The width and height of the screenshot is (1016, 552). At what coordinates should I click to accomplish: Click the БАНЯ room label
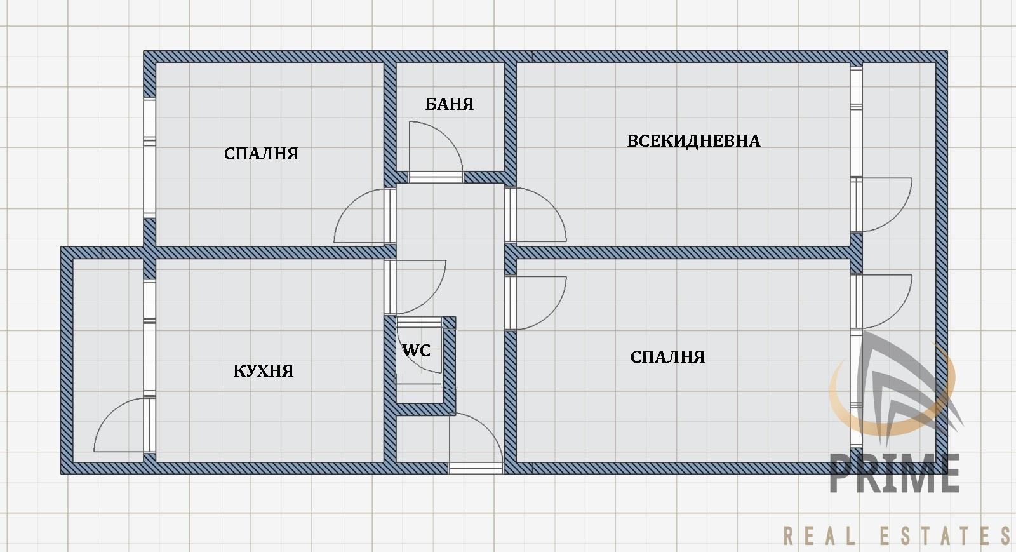coord(450,104)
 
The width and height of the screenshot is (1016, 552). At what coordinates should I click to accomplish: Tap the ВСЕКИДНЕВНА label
coord(693,141)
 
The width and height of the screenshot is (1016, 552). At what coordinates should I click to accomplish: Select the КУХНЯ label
coord(264,371)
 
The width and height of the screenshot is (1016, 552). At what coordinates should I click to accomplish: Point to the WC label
coord(417,350)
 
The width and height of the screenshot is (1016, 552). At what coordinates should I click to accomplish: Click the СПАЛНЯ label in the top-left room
coord(261,154)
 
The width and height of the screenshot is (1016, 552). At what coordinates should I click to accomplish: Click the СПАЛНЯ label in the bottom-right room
coord(667,357)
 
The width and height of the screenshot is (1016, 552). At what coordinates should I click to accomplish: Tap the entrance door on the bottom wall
coord(476,442)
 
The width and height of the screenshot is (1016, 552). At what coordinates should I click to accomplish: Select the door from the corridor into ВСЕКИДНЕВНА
coord(535,215)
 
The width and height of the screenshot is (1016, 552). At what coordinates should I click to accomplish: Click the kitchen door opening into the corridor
coord(415,287)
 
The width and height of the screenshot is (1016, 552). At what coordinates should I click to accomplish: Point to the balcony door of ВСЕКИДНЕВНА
coord(881,205)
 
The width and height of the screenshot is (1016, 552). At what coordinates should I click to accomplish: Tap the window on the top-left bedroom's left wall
coord(150,158)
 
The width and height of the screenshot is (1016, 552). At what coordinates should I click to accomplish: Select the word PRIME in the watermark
coord(895,473)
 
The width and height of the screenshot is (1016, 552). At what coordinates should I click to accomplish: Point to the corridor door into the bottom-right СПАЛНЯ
coord(536,303)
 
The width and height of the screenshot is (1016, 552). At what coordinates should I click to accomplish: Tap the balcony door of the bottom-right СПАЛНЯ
coord(881,302)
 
